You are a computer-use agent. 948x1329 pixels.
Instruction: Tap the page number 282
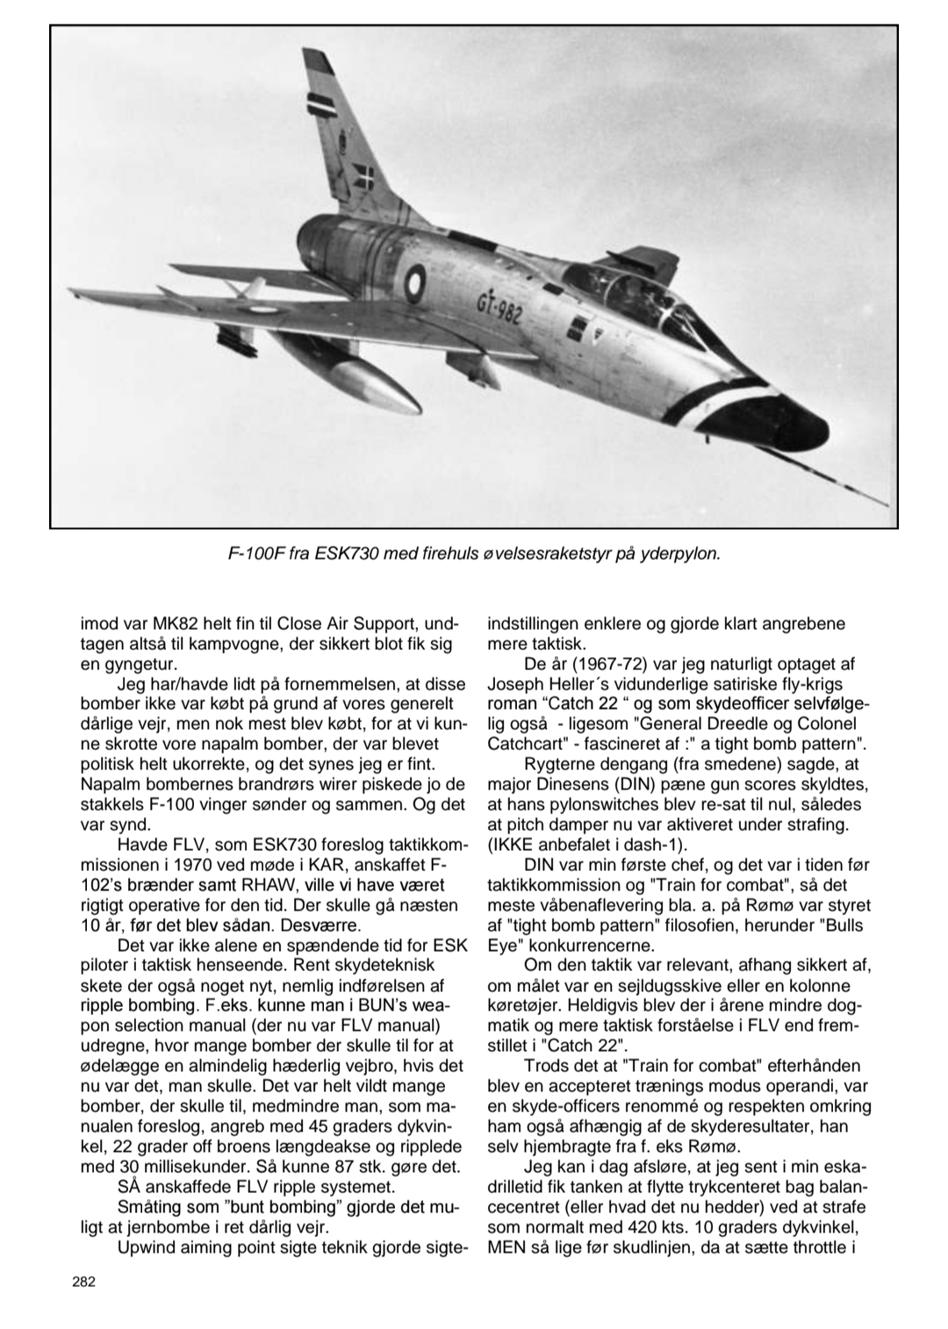pos(83,1282)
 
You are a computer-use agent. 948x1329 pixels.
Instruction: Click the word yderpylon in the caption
pos(681,554)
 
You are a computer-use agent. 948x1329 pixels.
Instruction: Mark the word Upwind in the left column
pos(146,1247)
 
